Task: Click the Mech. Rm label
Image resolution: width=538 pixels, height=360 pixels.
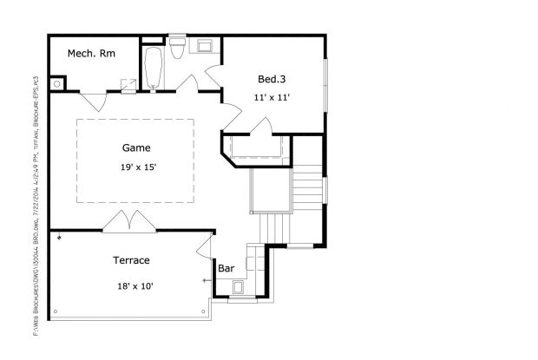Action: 91,53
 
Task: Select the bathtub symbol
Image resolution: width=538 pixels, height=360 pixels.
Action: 154,69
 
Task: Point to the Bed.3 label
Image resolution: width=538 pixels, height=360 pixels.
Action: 271,79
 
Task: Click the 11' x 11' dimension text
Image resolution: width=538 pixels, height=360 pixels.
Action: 271,97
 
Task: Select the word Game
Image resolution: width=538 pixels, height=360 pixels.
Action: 136,147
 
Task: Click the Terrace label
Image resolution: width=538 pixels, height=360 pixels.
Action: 132,259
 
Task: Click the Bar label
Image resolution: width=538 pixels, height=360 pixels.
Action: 226,268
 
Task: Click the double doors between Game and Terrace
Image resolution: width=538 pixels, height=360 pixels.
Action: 128,221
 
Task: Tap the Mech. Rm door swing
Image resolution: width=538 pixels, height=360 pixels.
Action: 94,100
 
